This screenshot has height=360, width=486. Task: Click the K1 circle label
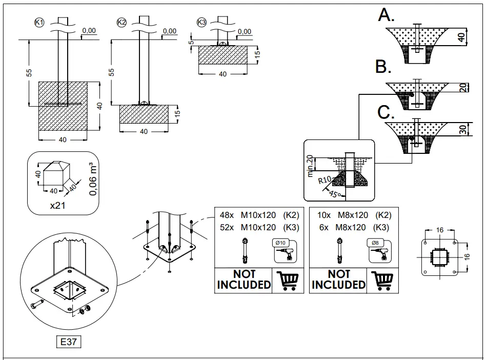pyautogui.click(x=38, y=22)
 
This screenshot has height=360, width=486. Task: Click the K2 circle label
pyautogui.click(x=121, y=22)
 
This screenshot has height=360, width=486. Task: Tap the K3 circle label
pyautogui.click(x=201, y=22)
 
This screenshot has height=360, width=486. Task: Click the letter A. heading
pyautogui.click(x=386, y=15)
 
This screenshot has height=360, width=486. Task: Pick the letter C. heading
pyautogui.click(x=384, y=112)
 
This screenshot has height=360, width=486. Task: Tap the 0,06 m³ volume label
pyautogui.click(x=93, y=179)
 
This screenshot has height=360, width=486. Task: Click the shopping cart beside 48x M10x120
pyautogui.click(x=287, y=280)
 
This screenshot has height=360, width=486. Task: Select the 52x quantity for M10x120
pyautogui.click(x=227, y=227)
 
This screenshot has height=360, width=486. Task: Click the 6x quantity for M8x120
pyautogui.click(x=323, y=227)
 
